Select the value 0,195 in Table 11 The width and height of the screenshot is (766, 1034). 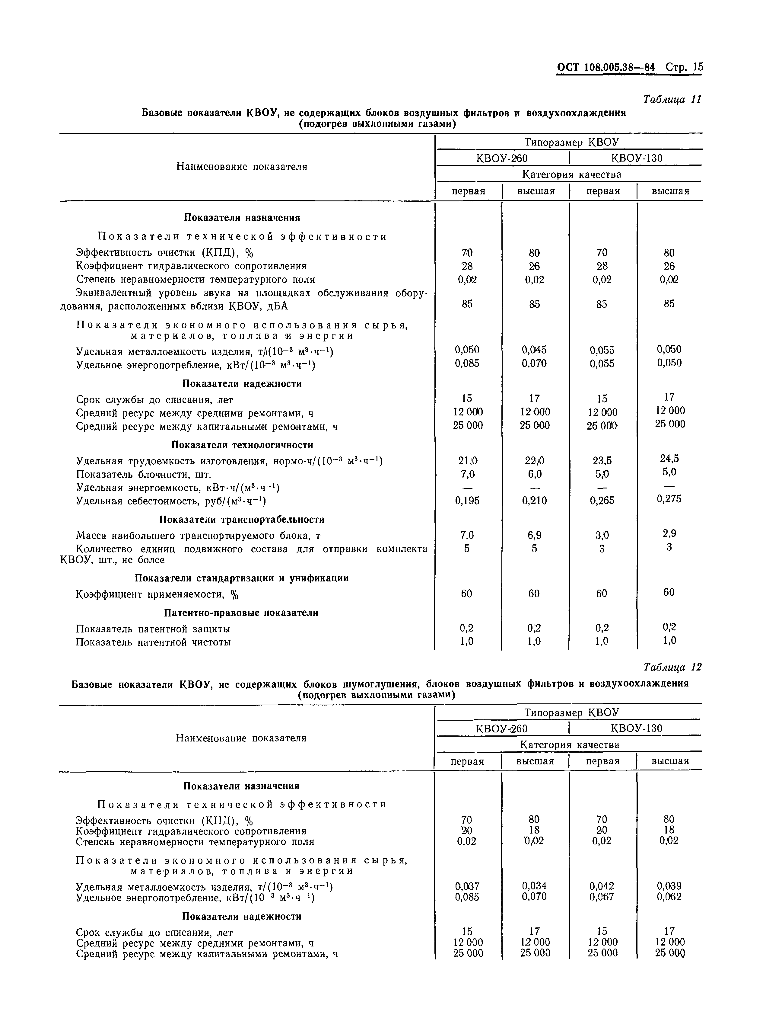(467, 501)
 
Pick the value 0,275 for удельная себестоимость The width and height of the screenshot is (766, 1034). (669, 499)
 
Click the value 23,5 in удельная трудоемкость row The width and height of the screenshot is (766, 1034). (602, 460)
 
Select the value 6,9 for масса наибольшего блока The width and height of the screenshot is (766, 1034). (534, 535)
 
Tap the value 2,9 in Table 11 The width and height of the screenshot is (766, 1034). (669, 533)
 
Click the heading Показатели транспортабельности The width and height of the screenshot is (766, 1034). (242, 520)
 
